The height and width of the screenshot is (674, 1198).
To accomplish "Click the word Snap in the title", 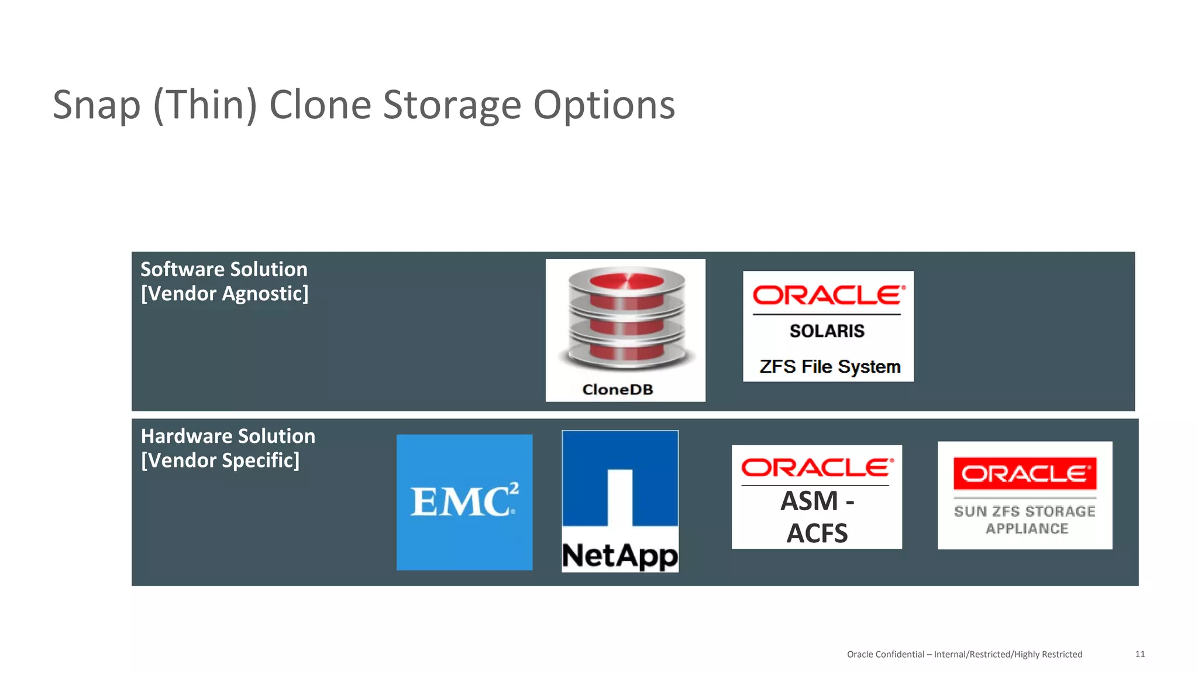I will [97, 105].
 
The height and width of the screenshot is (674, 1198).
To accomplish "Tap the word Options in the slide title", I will [604, 105].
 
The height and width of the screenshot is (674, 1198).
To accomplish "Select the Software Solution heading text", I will [224, 269].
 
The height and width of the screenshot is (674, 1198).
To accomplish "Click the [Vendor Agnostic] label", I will [225, 294].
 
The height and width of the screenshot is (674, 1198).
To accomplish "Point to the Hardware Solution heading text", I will [228, 436].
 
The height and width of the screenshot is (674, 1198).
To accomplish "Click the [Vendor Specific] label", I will [221, 460].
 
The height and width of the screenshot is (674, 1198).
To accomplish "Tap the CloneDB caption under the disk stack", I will [618, 390].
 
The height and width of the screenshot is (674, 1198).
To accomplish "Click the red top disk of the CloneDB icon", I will [626, 282].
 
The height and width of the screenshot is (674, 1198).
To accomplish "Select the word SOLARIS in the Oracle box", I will [827, 331].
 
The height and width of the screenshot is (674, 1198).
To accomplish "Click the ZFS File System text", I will [829, 367].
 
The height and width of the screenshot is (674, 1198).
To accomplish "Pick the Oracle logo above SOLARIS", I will [828, 295].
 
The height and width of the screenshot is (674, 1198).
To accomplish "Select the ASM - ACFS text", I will [817, 517].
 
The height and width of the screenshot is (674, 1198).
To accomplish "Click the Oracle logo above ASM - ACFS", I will [817, 468].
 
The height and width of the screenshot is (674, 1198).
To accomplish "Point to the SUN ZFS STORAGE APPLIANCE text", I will [1025, 520].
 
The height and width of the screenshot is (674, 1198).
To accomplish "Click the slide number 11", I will [1140, 654].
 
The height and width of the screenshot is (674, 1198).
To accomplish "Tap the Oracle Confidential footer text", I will [964, 654].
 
